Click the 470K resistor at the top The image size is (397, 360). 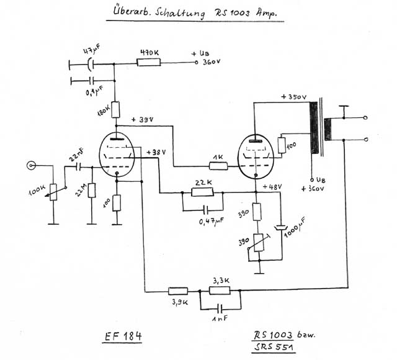[x=149, y=62]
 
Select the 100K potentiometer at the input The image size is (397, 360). [x=53, y=192]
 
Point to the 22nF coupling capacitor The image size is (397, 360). [x=78, y=166]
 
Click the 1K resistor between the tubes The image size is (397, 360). [x=218, y=166]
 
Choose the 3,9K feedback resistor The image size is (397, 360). [x=178, y=290]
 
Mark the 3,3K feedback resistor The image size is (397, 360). [x=220, y=290]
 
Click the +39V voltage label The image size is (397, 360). [x=143, y=120]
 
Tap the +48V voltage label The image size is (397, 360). [x=272, y=186]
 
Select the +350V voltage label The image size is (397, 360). [x=293, y=97]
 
